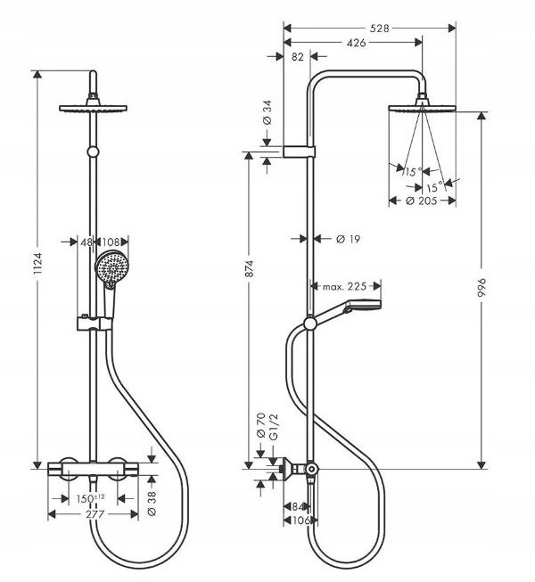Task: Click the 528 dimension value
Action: click(380, 29)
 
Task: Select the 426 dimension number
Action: click(356, 43)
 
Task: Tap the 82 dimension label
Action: click(298, 57)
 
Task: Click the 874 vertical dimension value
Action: click(249, 268)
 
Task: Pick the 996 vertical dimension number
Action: click(481, 287)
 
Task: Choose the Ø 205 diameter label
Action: click(422, 201)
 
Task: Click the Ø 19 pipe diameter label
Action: click(349, 239)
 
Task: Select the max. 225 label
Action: click(344, 286)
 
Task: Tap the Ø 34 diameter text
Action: click(267, 112)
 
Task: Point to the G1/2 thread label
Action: click(273, 427)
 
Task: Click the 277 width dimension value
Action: click(95, 514)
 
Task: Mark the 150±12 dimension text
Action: click(91, 498)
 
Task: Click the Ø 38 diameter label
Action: click(152, 503)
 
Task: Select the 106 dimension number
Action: click(300, 521)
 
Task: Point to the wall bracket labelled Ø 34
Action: click(299, 152)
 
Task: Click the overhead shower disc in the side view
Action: click(422, 108)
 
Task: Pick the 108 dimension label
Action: click(111, 242)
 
